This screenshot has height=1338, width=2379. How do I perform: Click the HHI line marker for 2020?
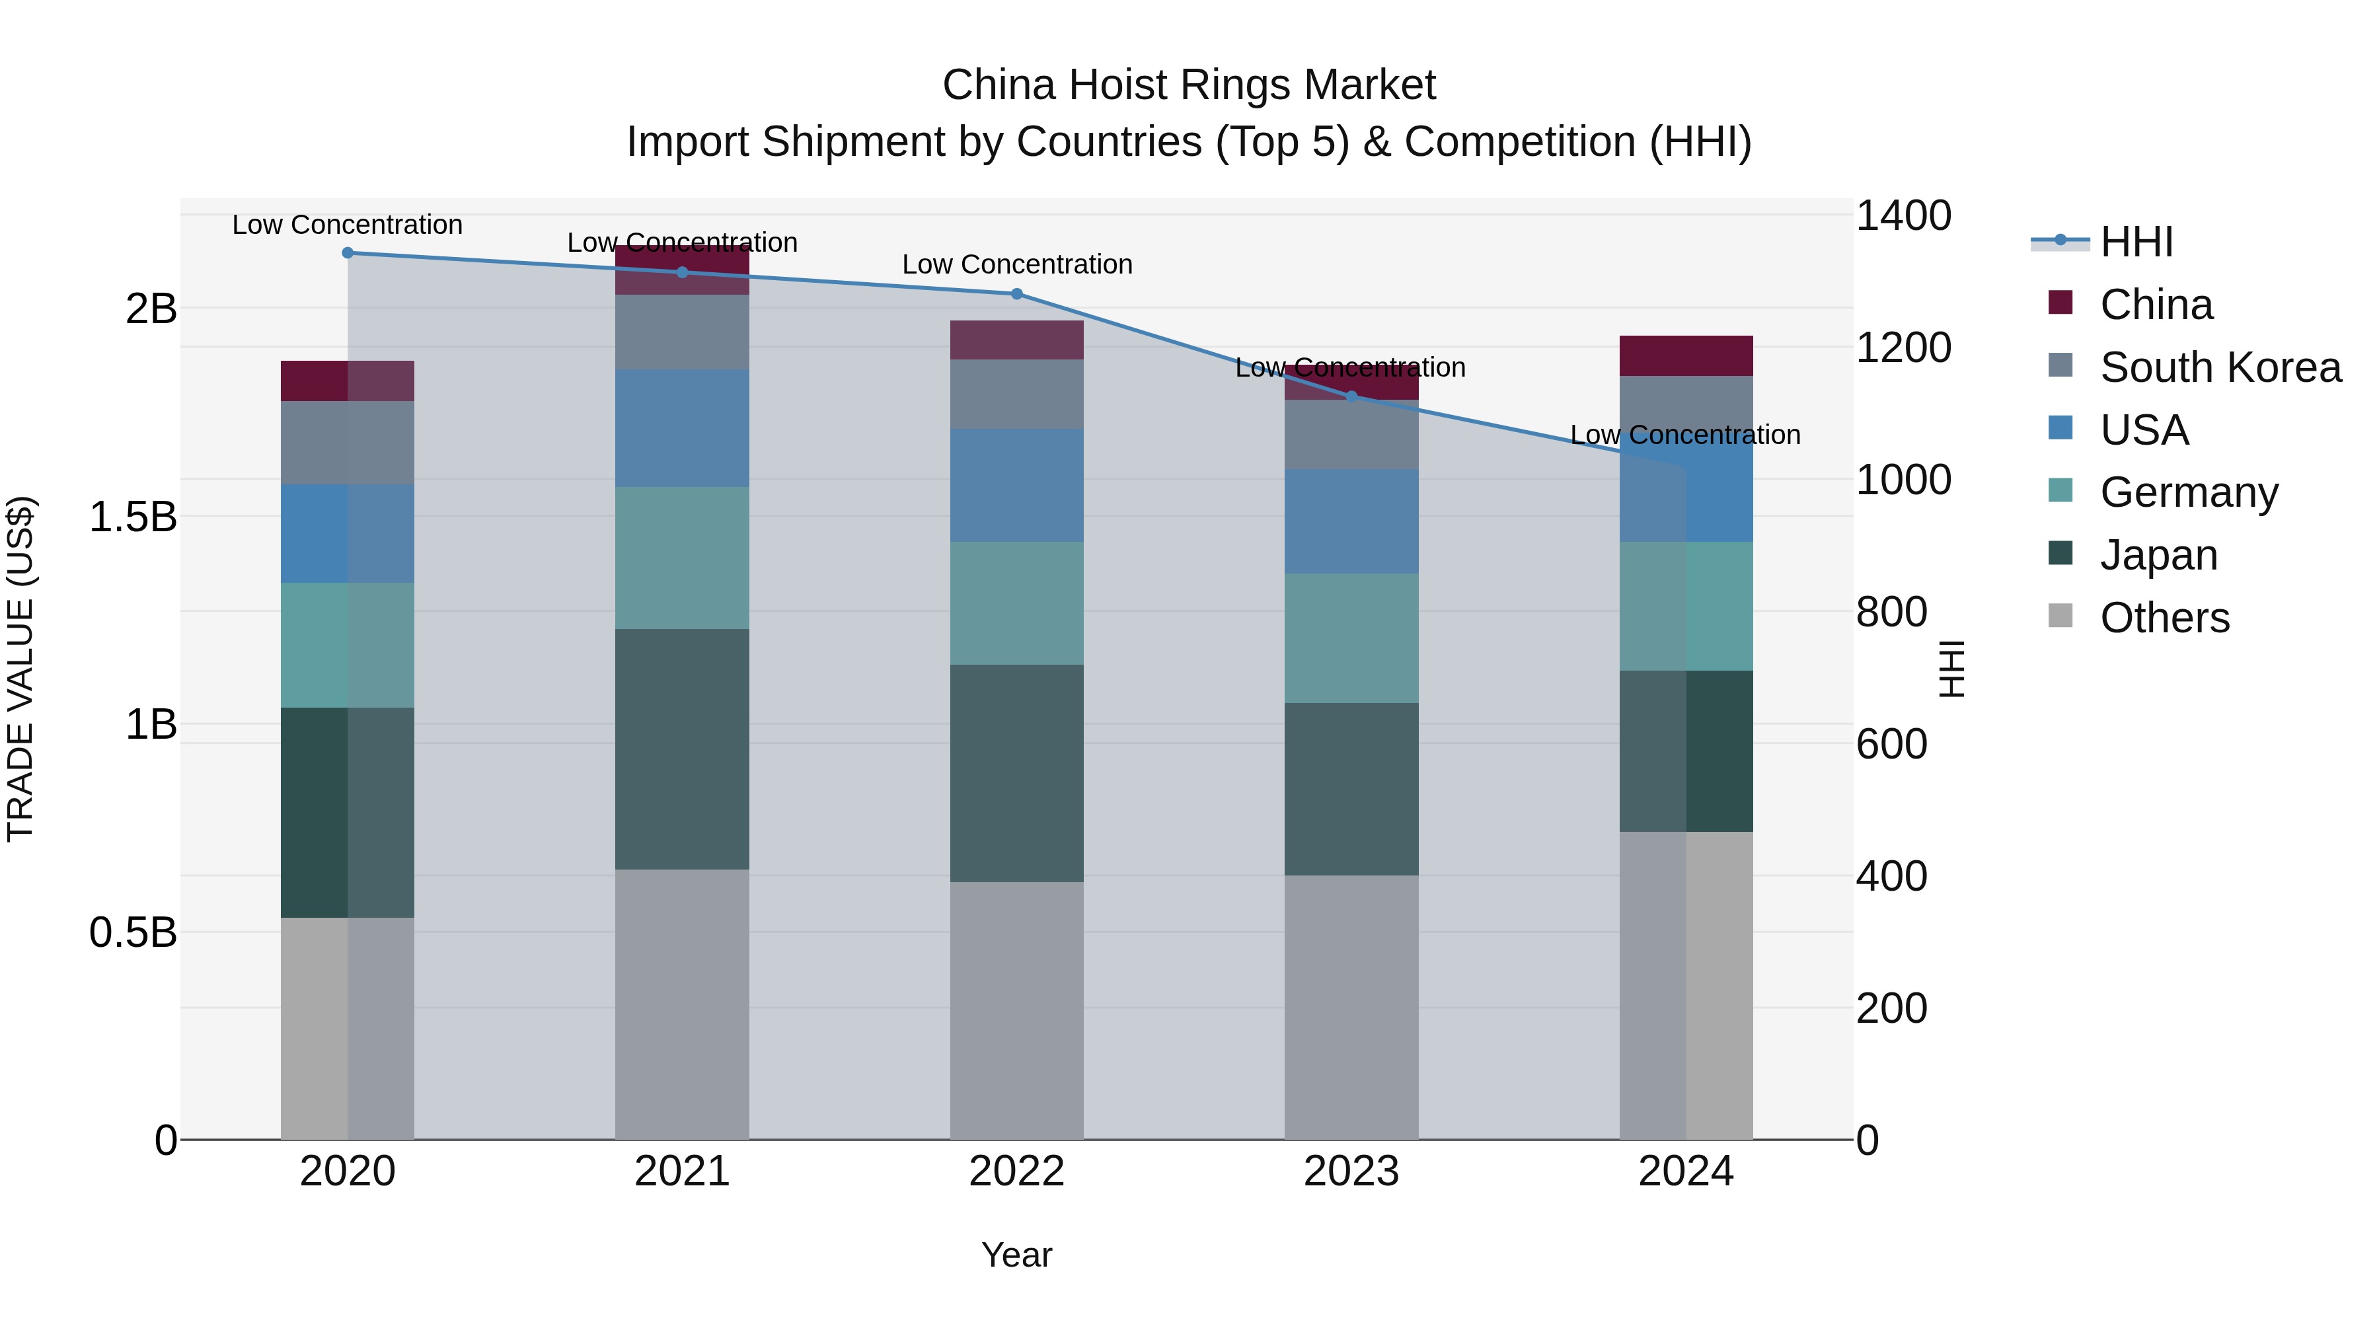[x=347, y=253]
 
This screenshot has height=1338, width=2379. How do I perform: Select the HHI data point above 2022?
[x=1017, y=293]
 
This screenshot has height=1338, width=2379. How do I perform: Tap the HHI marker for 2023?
[x=1351, y=396]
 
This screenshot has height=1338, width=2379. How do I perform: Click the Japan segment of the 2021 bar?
[x=681, y=748]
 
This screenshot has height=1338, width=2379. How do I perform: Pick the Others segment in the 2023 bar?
[x=1351, y=1006]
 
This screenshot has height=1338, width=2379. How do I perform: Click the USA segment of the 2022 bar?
[x=1017, y=485]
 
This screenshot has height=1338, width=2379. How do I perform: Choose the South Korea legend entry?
[x=2220, y=367]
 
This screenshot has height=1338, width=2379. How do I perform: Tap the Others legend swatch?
[x=2060, y=616]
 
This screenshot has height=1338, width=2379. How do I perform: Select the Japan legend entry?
[x=2158, y=555]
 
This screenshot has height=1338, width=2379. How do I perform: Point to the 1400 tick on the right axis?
[x=1903, y=216]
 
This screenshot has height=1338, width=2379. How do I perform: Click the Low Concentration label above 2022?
[x=1017, y=264]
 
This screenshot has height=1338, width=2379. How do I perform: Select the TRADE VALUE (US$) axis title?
[x=20, y=669]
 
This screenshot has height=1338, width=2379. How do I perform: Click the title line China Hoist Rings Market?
[x=1189, y=85]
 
